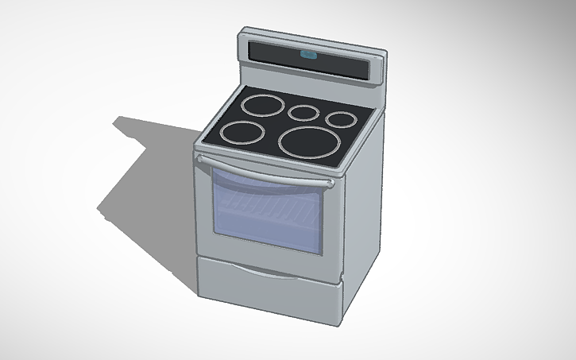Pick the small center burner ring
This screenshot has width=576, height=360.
pyautogui.click(x=303, y=113)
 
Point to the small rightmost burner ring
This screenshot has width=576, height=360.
pyautogui.click(x=342, y=120)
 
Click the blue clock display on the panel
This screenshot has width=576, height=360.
pyautogui.click(x=307, y=56)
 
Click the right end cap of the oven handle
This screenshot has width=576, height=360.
pyautogui.click(x=329, y=184)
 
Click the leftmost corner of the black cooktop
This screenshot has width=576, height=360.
pyautogui.click(x=199, y=144)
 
